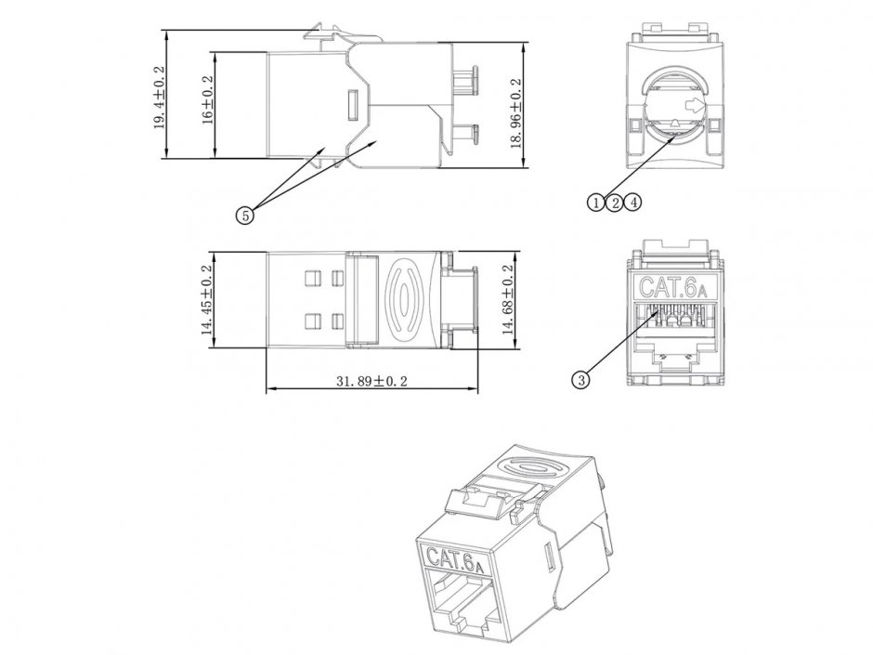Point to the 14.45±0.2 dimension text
[207, 300]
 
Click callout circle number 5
[245, 215]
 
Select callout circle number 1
[595, 201]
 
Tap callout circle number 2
[614, 201]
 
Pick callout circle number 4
[632, 201]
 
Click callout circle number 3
[582, 378]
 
